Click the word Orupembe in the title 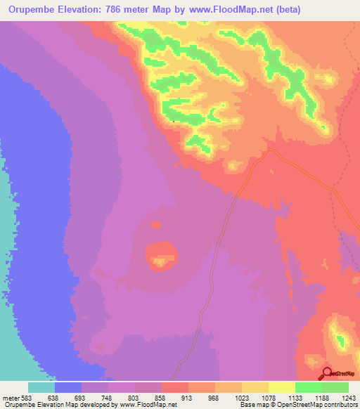[31, 11]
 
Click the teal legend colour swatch [41, 387]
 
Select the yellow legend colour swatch [282, 387]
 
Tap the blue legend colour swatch [68, 387]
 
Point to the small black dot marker [174, 121]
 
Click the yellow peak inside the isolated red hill [161, 262]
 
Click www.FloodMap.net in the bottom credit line [147, 405]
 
